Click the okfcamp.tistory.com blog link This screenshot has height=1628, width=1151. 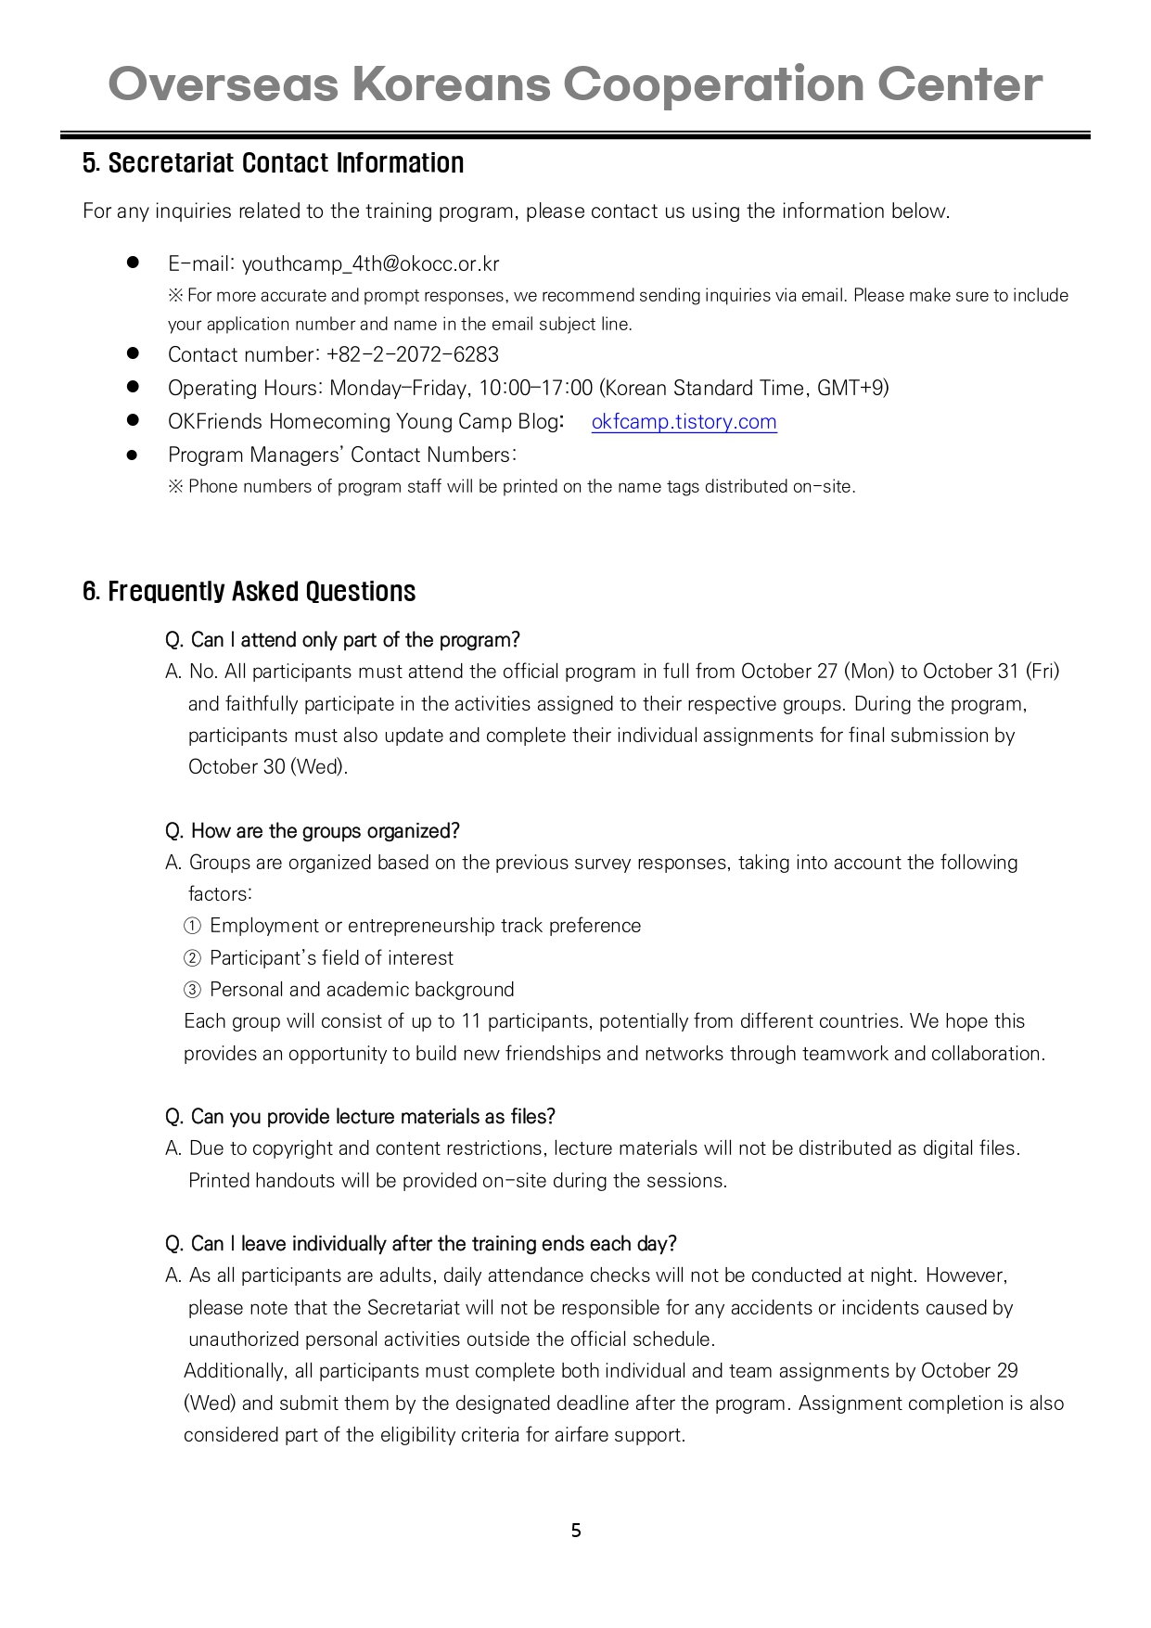(684, 422)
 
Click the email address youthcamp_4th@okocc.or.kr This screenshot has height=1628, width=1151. (370, 264)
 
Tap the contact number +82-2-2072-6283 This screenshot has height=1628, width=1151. (413, 354)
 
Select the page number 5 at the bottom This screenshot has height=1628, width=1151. (576, 1531)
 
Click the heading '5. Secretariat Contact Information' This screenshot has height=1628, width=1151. (273, 163)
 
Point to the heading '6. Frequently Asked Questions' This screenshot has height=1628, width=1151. (249, 592)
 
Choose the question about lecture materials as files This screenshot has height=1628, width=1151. (360, 1116)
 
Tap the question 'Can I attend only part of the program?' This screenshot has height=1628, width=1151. (342, 640)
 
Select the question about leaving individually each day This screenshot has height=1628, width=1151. (421, 1243)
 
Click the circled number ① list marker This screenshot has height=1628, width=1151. (192, 926)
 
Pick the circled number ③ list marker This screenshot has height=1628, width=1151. (192, 990)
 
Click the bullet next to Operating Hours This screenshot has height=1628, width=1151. (133, 387)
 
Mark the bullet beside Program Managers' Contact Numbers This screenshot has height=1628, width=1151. (133, 455)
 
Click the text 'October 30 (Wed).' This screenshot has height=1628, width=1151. (268, 767)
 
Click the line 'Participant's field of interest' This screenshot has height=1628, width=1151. (331, 958)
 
